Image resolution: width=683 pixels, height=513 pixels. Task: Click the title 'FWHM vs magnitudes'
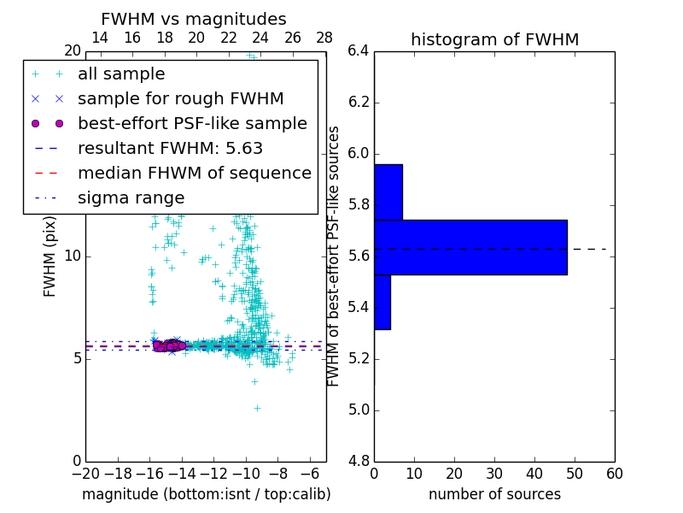coord(193,20)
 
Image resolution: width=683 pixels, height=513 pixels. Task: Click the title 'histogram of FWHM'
coord(494,39)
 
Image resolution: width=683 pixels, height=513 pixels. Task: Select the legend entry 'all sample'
coord(121,74)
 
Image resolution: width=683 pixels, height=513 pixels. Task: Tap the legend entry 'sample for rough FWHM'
coord(180,98)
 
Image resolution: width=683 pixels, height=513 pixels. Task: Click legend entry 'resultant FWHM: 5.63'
coord(170,148)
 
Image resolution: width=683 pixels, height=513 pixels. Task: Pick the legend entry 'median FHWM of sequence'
coord(194,173)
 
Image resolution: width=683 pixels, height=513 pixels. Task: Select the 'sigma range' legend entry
coord(131,198)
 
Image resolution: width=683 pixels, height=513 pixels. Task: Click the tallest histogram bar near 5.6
coord(470,247)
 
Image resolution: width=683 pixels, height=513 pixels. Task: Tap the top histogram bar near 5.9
coord(388,192)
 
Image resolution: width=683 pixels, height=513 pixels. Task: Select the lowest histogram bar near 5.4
coord(382,302)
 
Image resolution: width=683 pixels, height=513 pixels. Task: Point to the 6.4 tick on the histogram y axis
coord(359,50)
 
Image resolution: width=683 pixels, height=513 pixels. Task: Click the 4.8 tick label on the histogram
coord(359,462)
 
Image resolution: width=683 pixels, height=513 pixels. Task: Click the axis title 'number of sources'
coord(494,494)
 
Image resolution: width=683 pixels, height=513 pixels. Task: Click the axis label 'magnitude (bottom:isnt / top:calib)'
coord(206,494)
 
